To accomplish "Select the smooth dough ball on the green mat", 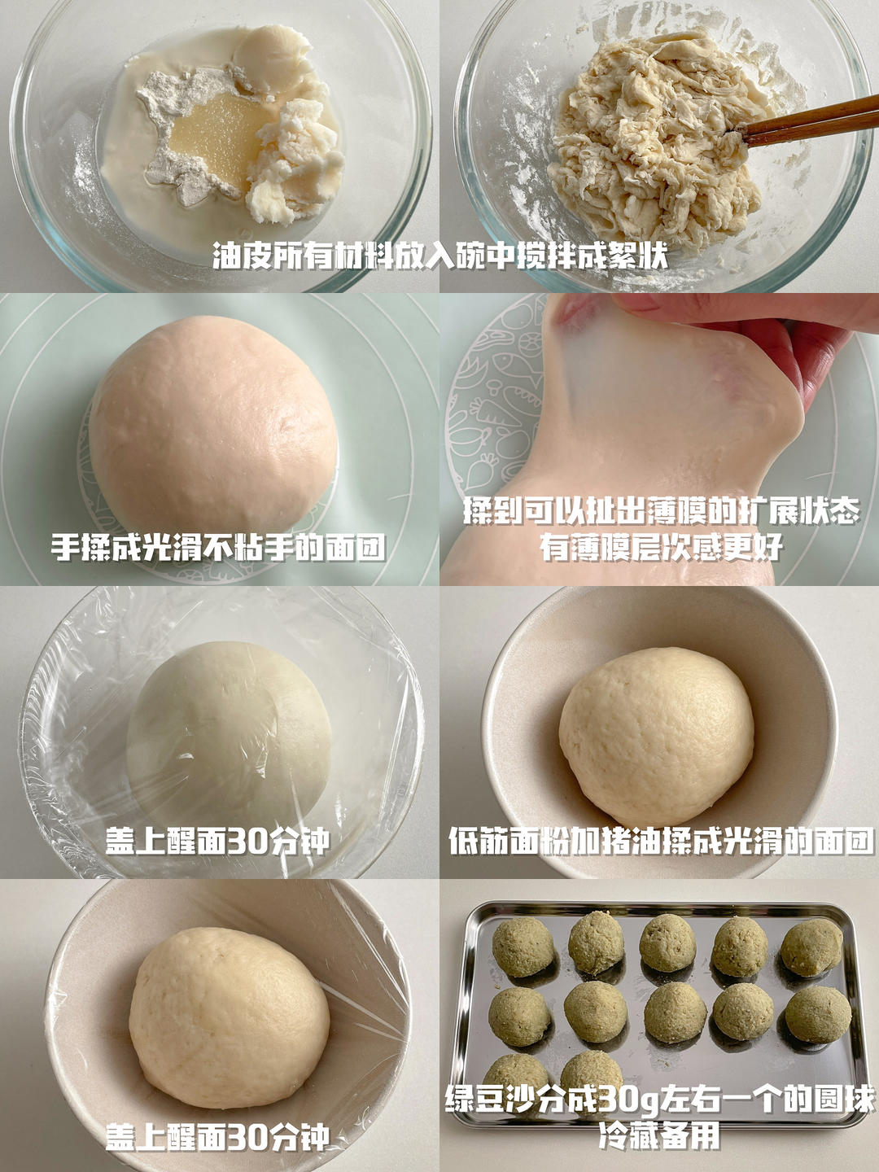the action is pos(213,427).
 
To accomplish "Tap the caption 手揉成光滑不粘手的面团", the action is pos(218,547).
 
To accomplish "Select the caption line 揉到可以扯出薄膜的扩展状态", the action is pos(661,512).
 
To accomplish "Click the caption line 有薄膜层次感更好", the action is pos(661,546).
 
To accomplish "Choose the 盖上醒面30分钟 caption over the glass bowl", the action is pos(217,842).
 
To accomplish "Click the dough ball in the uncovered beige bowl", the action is pos(657,737).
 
